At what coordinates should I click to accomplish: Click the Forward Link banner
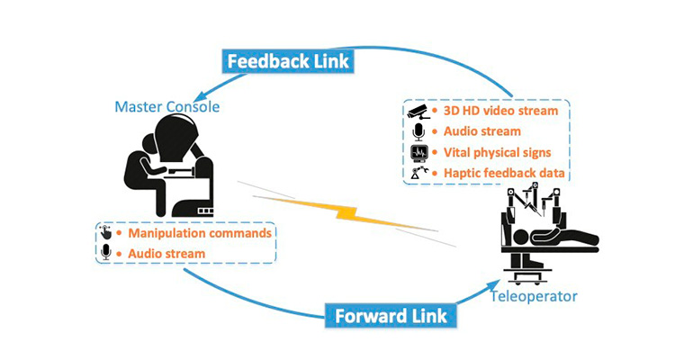(x=390, y=316)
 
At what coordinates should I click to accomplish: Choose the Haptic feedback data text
(x=492, y=172)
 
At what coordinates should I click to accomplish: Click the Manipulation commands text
(x=199, y=233)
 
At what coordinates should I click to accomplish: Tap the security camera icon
(x=418, y=112)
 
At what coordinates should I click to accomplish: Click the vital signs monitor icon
(x=418, y=152)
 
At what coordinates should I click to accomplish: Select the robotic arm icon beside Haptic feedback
(x=418, y=172)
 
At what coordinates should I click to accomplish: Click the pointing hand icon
(x=107, y=233)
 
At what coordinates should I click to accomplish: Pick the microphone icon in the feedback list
(x=418, y=131)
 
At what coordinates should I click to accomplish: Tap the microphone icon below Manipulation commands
(x=107, y=253)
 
